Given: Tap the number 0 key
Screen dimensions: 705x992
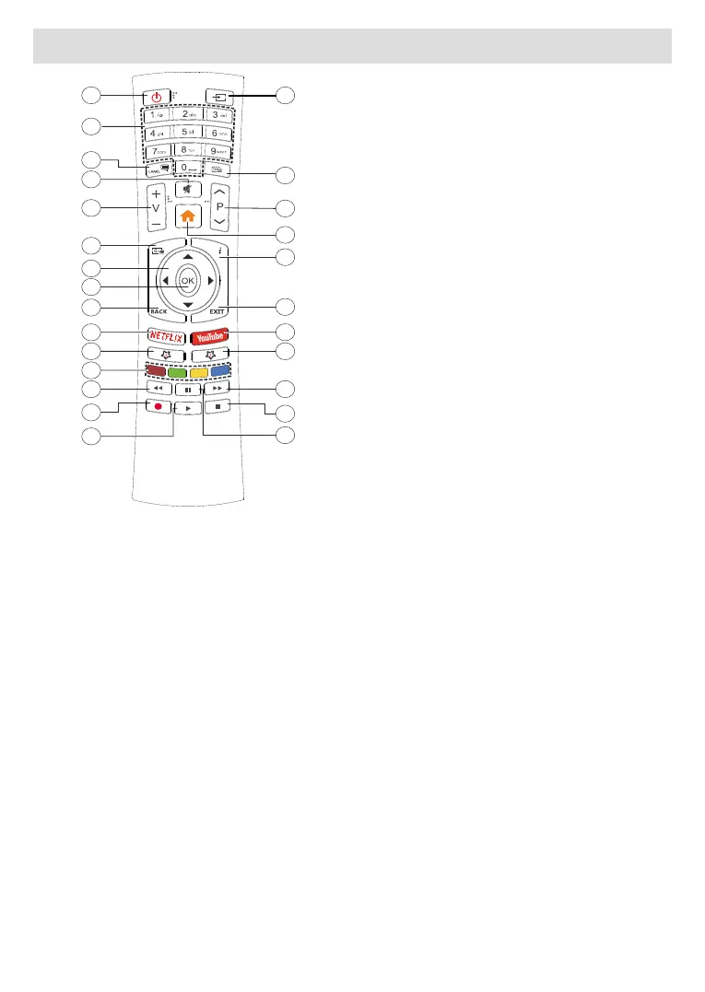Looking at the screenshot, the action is point(187,169).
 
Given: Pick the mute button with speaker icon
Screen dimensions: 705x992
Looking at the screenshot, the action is point(187,190).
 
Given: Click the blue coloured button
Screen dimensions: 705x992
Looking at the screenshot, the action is point(220,372).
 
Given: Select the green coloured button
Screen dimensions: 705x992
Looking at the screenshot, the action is point(176,372).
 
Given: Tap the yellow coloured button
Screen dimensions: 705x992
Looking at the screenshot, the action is point(198,372).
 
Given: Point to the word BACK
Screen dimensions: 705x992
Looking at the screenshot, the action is point(159,312).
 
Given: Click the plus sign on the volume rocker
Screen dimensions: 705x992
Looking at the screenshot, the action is point(156,195).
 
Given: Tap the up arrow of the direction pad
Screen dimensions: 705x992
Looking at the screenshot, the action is point(187,255).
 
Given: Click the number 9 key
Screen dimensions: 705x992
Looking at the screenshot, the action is point(217,149).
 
